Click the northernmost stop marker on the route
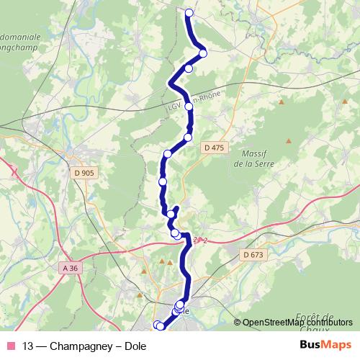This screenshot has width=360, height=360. click(x=189, y=13)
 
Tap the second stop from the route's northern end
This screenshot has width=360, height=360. click(x=203, y=53)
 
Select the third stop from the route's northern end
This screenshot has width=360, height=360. click(x=189, y=68)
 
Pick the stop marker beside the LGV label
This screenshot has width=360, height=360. click(x=189, y=106)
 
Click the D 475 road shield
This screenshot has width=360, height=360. click(x=215, y=148)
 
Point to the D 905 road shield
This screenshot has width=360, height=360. click(x=84, y=173)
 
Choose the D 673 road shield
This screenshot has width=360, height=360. click(x=254, y=255)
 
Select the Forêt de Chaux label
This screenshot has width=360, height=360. click(x=315, y=322)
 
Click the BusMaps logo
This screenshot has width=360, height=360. click(x=325, y=345)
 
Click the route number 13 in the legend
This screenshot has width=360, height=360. click(x=28, y=345)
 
